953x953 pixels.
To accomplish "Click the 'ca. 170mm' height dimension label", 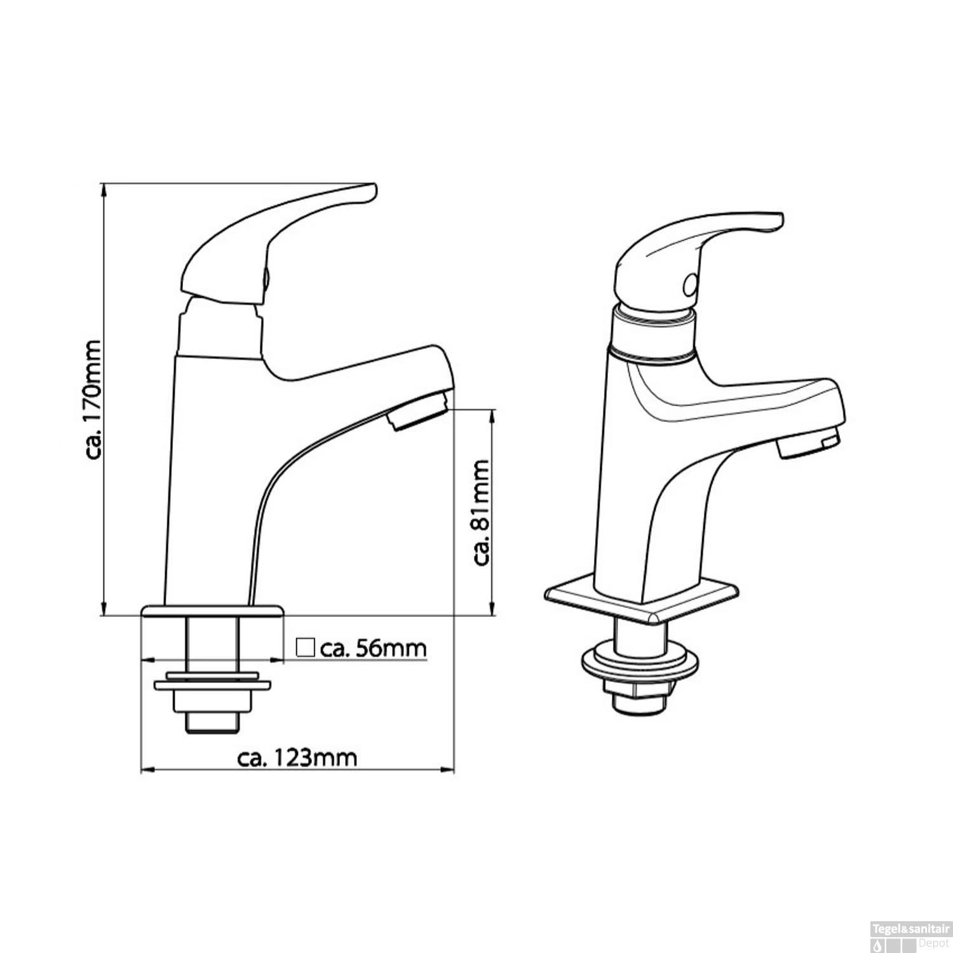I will click(x=93, y=399).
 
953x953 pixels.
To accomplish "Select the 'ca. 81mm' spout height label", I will click(x=482, y=512).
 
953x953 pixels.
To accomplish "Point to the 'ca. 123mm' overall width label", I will click(x=297, y=757).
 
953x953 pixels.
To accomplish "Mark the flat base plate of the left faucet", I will click(x=212, y=611).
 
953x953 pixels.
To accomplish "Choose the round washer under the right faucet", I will click(x=641, y=663).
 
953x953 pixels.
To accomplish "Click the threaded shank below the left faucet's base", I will click(x=212, y=642).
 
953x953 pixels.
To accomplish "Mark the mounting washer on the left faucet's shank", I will click(x=212, y=684).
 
